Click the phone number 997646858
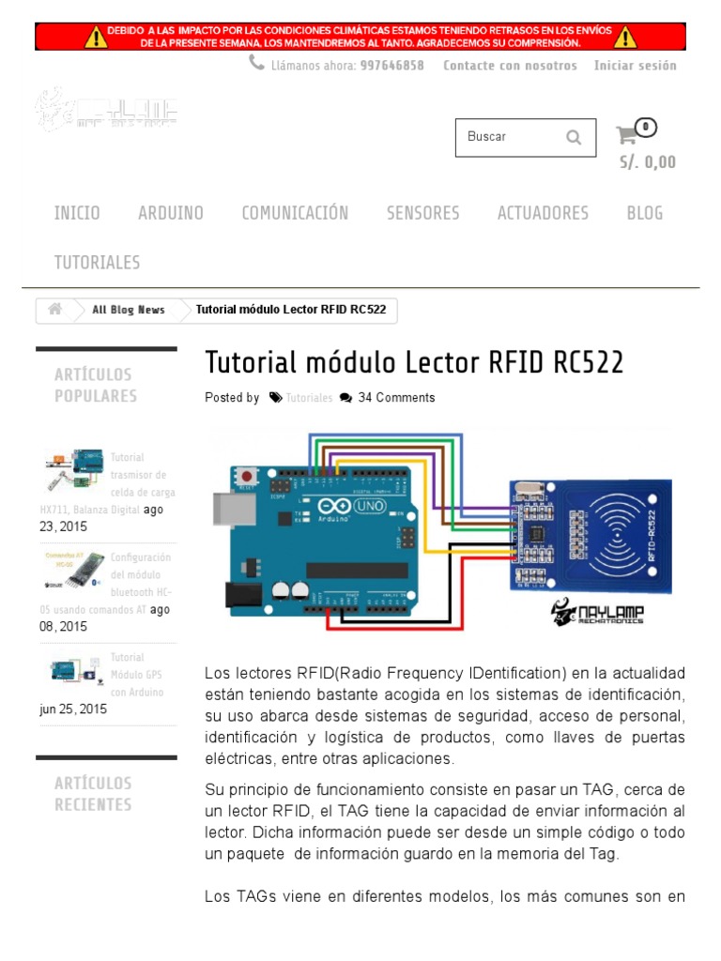391,66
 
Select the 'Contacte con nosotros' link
510,66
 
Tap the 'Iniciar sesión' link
635,66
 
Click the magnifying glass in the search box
574,137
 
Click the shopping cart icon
626,135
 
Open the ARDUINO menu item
170,213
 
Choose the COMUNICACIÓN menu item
295,213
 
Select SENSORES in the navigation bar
422,213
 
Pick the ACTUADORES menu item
543,213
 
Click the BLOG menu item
644,213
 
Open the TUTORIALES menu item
97,263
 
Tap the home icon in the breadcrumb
55,310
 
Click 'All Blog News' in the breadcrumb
129,310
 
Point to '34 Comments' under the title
396,398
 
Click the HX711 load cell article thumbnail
72,470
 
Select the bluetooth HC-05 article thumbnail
72,570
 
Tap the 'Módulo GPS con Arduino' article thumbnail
72,670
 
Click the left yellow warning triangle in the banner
97,38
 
